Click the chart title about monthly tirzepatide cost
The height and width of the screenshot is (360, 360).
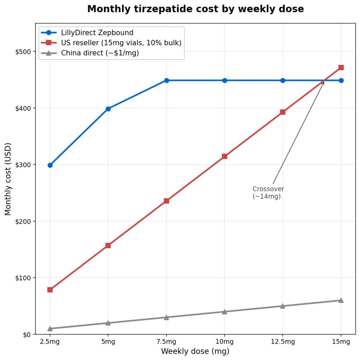[x=195, y=9]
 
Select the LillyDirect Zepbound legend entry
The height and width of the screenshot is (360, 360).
[x=97, y=33]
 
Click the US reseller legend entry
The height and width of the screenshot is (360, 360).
[x=121, y=43]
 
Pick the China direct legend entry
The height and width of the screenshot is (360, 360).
[x=100, y=53]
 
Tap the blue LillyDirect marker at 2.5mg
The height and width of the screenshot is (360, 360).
[x=50, y=165]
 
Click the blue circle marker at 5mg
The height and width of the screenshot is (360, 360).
[x=108, y=109]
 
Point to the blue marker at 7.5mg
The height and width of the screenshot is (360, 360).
[x=166, y=81]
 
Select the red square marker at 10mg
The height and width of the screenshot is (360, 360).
[x=225, y=156]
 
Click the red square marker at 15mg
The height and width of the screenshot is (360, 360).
[x=341, y=67]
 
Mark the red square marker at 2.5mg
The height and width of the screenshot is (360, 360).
[x=50, y=290]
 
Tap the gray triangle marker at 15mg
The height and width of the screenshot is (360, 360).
[x=341, y=300]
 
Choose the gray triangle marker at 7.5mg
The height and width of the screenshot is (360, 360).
[x=166, y=317]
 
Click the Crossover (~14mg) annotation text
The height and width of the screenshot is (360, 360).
[x=268, y=193]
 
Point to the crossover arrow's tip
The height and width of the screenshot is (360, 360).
[x=324, y=81]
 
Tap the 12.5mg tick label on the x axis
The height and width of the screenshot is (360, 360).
[x=283, y=342]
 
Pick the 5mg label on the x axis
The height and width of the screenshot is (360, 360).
[x=108, y=342]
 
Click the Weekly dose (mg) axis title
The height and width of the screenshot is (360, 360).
[x=195, y=351]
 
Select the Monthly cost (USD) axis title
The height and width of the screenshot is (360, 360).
[x=8, y=179]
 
